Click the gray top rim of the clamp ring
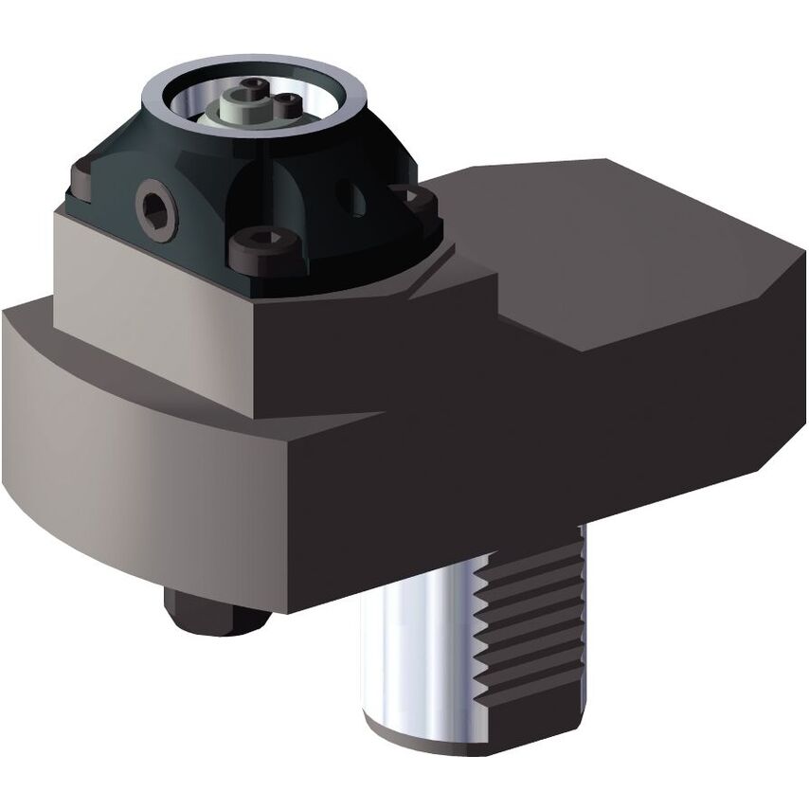click(x=256, y=71)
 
